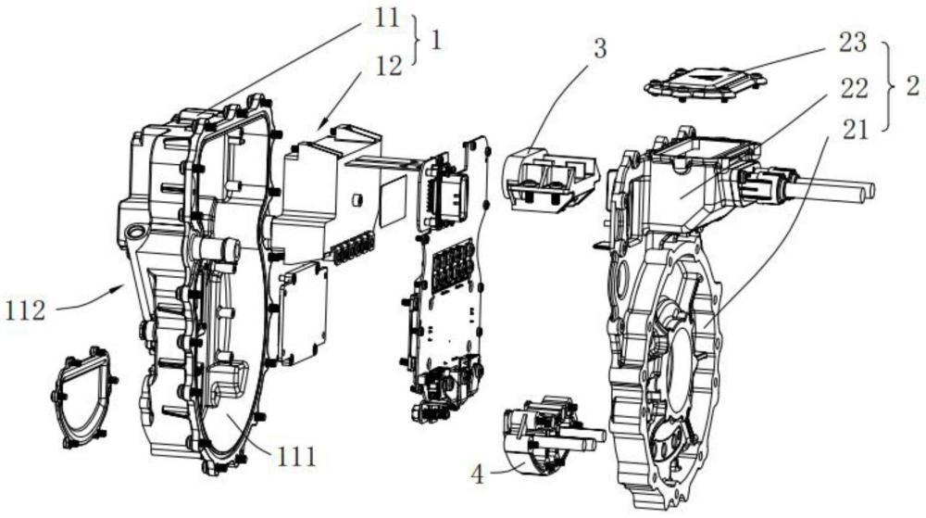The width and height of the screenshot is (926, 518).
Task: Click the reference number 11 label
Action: pos(387,19)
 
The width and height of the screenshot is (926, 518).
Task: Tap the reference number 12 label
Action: pos(389,66)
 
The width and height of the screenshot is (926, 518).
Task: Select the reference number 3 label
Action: pos(600,48)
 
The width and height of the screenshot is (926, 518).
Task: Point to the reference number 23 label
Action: pos(853,43)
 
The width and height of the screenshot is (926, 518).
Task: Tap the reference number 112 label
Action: pos(25,310)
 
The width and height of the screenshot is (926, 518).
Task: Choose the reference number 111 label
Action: pos(295,456)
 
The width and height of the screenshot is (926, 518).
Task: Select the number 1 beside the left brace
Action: pos(436,42)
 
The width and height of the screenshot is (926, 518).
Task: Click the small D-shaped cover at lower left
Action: pos(85,398)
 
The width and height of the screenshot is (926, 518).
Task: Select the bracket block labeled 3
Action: pos(551,177)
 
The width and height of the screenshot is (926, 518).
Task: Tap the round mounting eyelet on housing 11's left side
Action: pos(135,231)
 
